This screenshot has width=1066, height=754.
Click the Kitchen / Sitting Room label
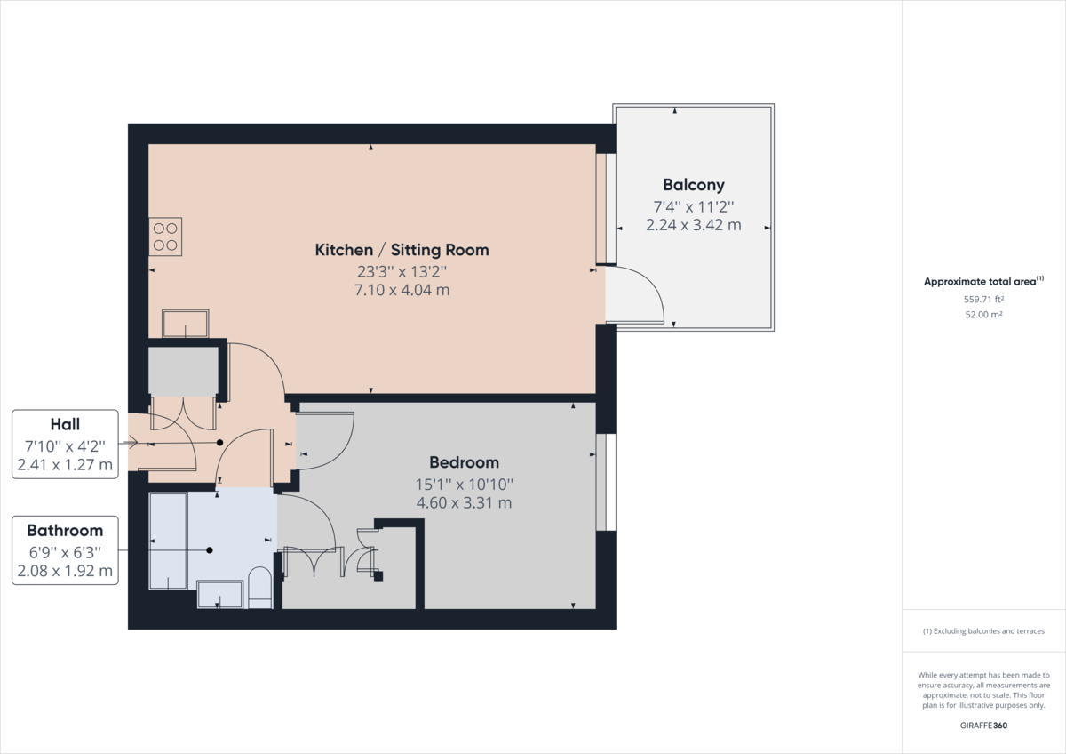point(402,250)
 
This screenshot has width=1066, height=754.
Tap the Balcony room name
point(693,185)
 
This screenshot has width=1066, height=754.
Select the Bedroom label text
point(464,462)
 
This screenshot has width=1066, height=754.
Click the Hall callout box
point(65,445)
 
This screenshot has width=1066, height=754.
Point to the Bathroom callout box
point(65,550)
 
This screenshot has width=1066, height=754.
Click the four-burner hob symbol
point(165,236)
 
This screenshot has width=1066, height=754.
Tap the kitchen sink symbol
point(185,323)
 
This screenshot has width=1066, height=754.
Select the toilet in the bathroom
point(259,589)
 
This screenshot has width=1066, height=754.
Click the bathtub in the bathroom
point(169,541)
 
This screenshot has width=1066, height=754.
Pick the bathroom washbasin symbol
point(219,594)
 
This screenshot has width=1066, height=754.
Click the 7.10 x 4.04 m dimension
point(402,290)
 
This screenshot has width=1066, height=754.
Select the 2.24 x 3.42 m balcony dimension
point(693,225)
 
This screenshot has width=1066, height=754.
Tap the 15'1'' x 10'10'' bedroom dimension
point(464,484)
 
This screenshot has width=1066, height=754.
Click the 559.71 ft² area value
point(983,300)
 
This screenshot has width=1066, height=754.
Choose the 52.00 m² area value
point(983,315)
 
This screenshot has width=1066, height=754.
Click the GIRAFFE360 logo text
point(983,726)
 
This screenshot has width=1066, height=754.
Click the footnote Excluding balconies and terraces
point(983,631)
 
